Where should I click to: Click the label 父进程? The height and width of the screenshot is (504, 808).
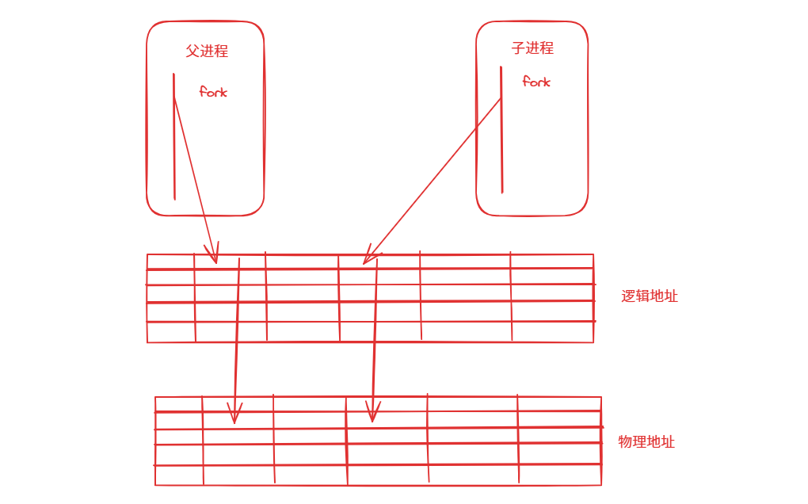[x=207, y=52]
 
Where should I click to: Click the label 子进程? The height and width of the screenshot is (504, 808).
[x=532, y=48]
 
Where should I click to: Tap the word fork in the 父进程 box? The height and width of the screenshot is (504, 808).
[x=213, y=92]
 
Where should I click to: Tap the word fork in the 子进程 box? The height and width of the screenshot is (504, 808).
[x=536, y=82]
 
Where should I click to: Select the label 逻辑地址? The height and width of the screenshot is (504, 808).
[x=650, y=296]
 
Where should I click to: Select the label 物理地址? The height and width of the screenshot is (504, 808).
[x=646, y=442]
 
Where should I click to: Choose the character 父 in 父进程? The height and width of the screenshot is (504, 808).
[x=192, y=52]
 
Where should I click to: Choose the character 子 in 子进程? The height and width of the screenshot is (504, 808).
[x=518, y=48]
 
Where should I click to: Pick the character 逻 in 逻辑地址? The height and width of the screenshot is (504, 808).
[x=629, y=296]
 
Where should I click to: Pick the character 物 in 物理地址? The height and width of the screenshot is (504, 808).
[x=626, y=442]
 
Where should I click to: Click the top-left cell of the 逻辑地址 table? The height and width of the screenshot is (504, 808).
[x=170, y=262]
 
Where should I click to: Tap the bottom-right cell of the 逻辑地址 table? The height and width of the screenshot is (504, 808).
[x=552, y=332]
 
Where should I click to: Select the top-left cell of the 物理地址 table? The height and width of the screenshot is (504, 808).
[x=179, y=404]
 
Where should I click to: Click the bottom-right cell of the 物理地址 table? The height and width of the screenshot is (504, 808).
[x=559, y=475]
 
